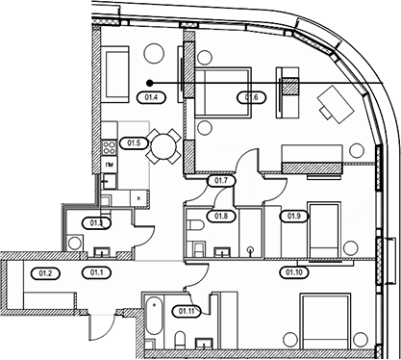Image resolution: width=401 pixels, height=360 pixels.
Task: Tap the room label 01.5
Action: tap(134, 143)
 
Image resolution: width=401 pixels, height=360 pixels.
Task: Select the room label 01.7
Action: tap(221, 181)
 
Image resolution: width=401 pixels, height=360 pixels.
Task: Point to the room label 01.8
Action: tap(221, 216)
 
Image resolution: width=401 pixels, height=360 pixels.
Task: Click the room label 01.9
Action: tap(294, 216)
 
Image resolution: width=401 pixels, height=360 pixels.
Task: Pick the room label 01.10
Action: tap(294, 272)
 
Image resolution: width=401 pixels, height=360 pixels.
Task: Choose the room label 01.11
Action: tap(187, 311)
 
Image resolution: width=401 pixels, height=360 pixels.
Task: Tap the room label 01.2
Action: tap(45, 273)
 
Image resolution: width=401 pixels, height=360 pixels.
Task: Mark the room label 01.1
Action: tap(96, 272)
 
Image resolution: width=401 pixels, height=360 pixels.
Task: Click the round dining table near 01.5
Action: tap(163, 147)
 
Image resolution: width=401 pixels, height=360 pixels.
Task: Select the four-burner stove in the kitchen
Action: tap(109, 147)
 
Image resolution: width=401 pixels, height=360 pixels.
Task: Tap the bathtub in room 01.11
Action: tap(154, 316)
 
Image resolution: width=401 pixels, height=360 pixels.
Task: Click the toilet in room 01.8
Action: tap(195, 225)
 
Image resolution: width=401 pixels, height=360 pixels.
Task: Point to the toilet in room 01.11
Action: tap(180, 340)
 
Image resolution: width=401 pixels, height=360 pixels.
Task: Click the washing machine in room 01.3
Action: tap(75, 244)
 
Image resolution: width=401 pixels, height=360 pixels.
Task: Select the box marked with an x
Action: tap(138, 198)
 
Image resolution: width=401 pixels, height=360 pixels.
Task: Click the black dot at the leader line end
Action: tap(149, 83)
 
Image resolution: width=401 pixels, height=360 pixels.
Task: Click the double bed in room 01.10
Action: tap(325, 321)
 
